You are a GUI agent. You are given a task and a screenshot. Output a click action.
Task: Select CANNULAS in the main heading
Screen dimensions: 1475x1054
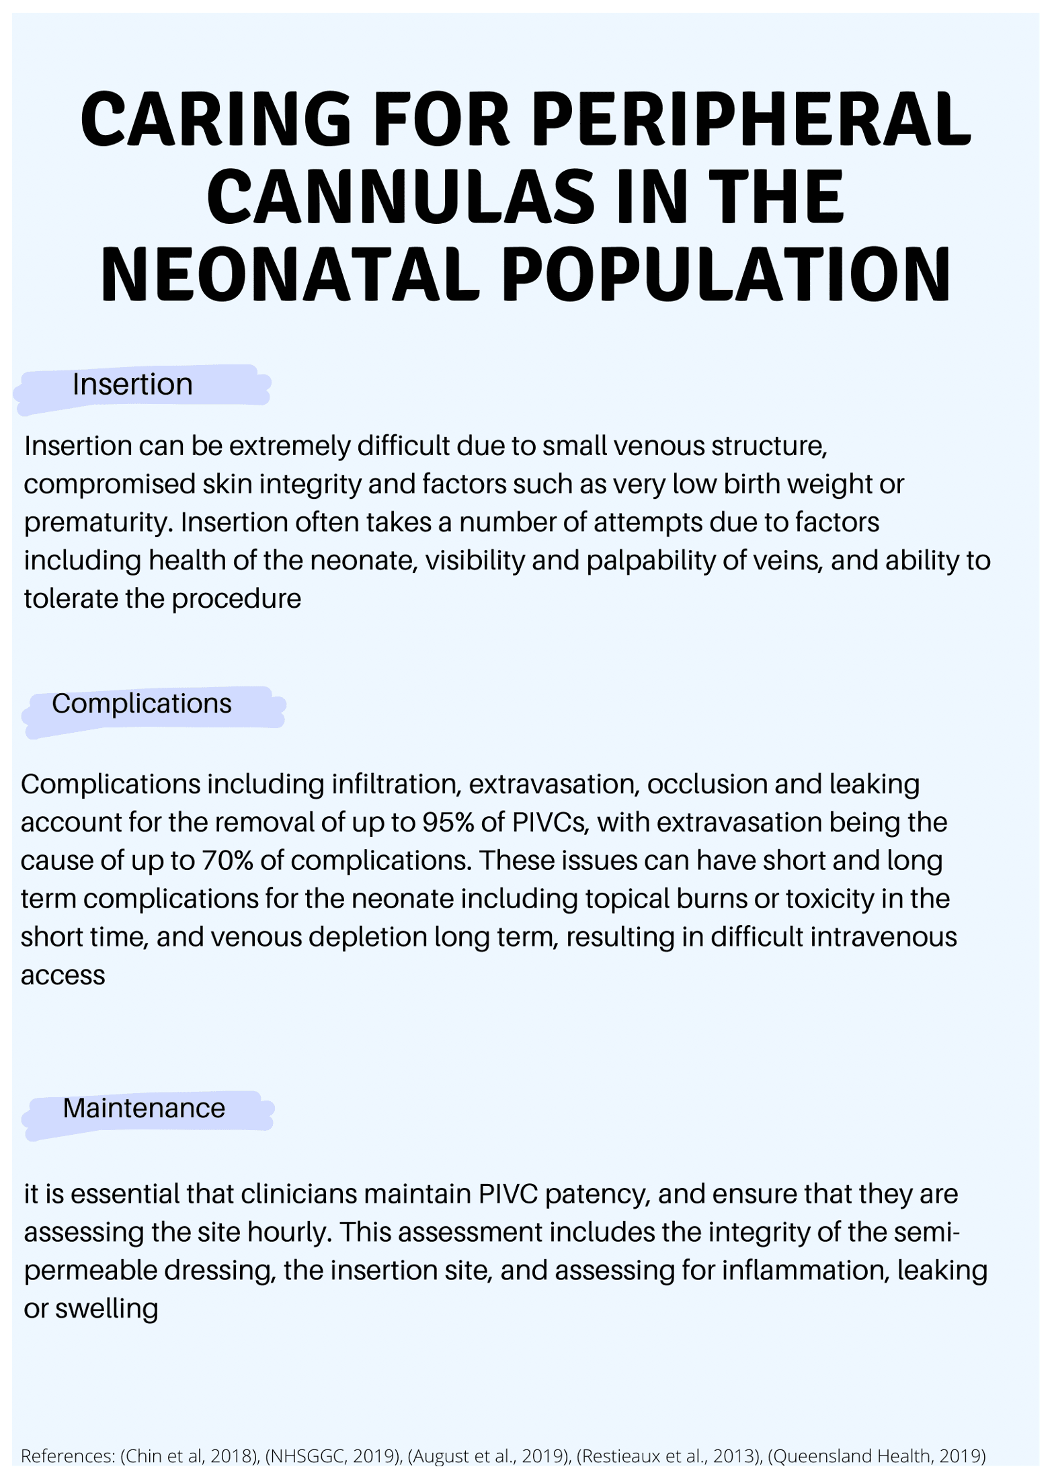401,198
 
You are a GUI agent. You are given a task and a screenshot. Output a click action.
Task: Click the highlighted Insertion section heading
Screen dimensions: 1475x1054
132,385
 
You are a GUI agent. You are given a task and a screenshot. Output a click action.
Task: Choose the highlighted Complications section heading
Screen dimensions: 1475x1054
142,704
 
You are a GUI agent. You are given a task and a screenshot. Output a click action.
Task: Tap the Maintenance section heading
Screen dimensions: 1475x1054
144,1108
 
